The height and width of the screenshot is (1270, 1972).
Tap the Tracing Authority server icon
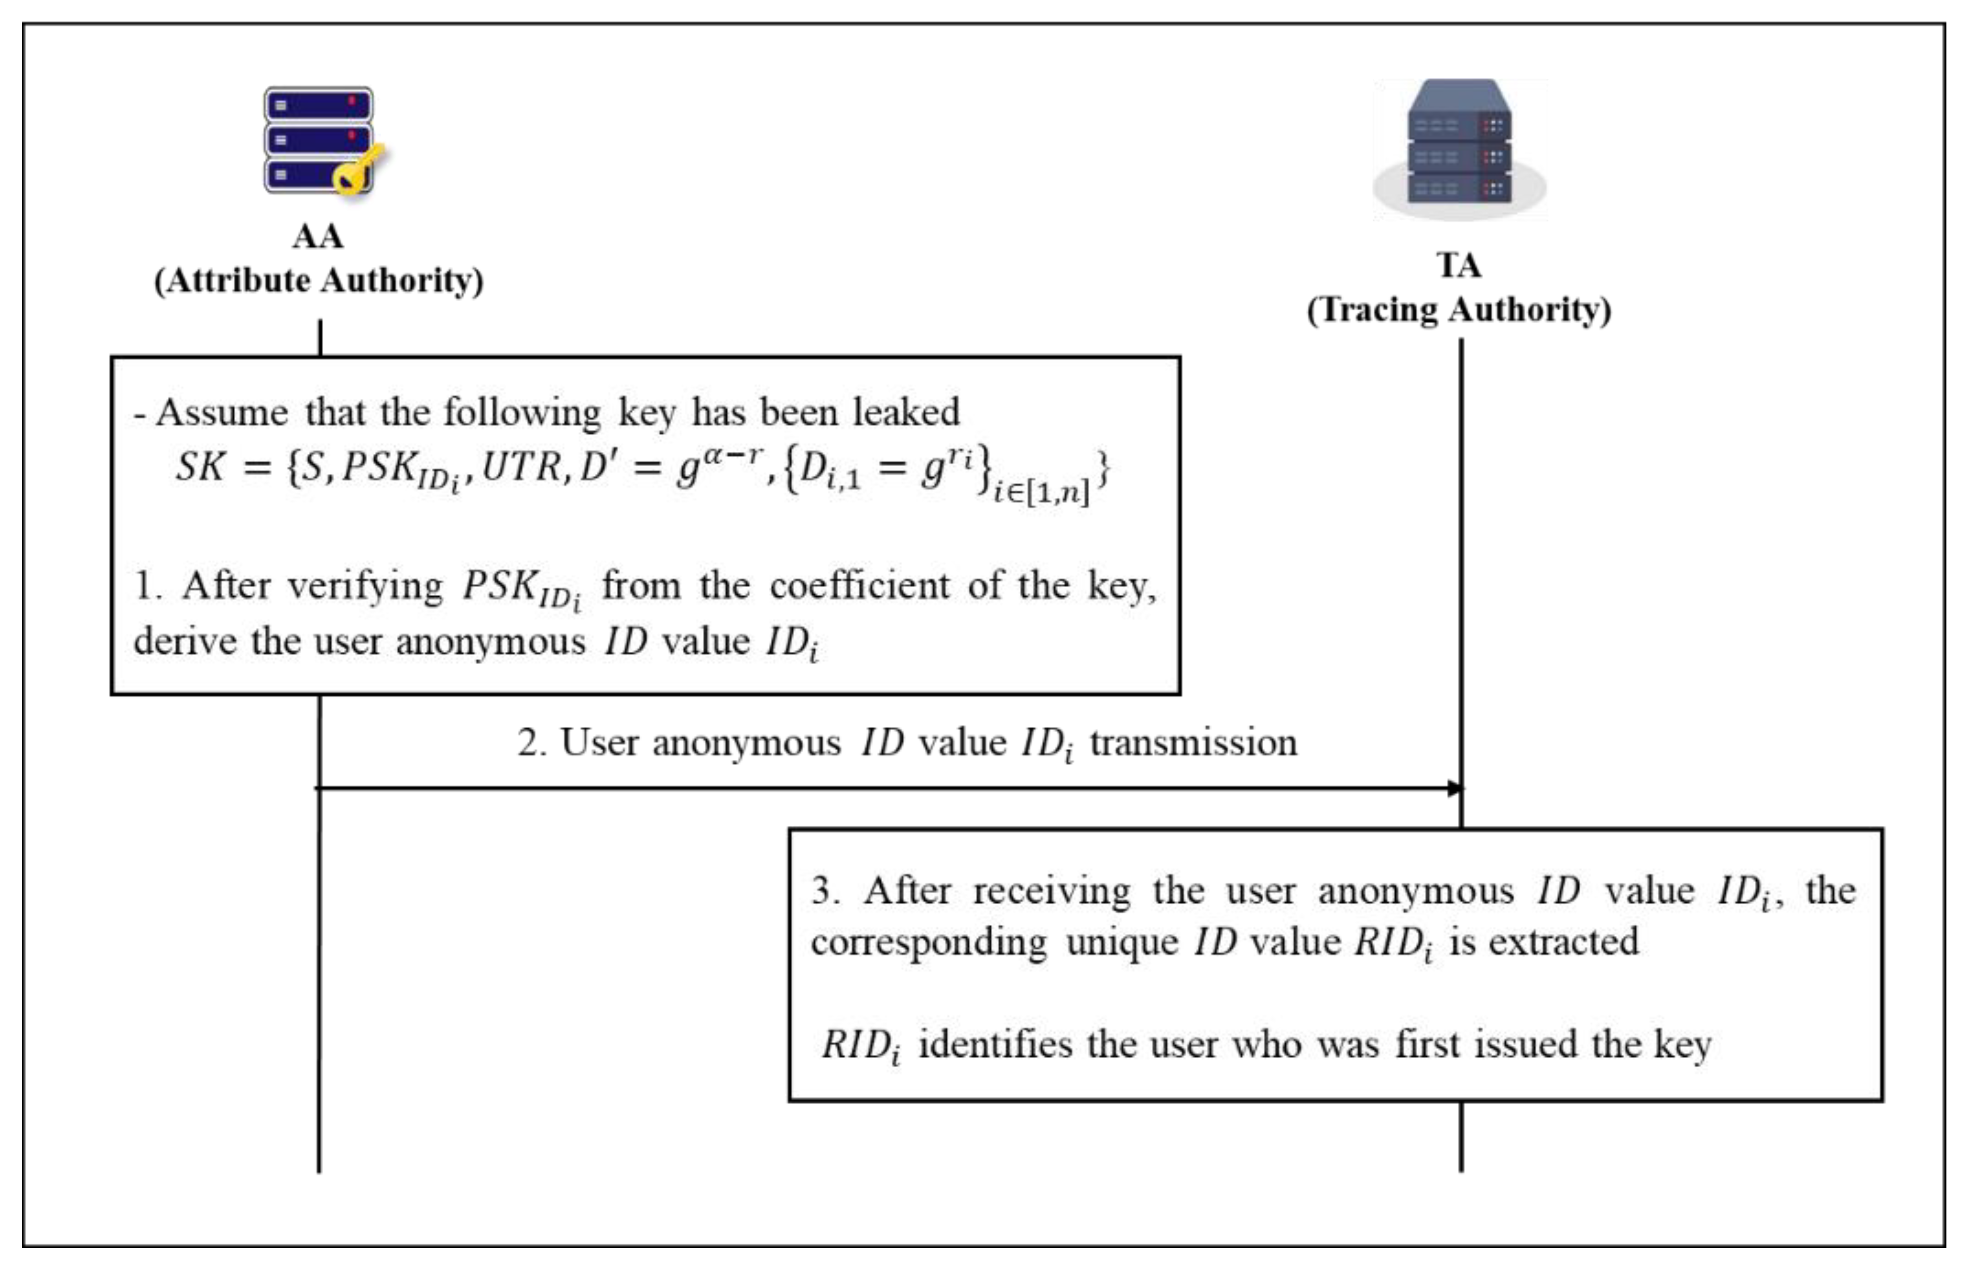coord(1459,149)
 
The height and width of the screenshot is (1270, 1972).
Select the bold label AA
coord(318,237)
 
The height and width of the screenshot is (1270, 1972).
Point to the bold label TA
coord(1459,266)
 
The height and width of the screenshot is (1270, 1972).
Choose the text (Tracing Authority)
coord(1459,310)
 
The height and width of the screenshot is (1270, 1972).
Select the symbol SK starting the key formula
coord(200,467)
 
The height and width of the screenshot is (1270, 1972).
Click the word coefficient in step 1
coord(859,585)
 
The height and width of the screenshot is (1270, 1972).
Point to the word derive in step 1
coord(185,641)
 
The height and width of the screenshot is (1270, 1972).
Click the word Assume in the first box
coord(222,412)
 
